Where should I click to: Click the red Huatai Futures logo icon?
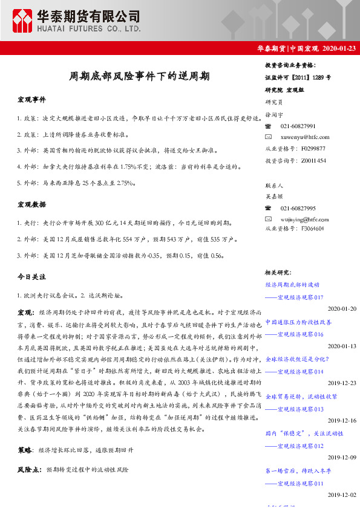22,21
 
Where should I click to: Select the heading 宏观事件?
31,99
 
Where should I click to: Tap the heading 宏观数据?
31,206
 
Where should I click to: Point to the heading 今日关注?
31,276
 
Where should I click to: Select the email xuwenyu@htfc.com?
305,137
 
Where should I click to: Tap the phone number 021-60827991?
298,126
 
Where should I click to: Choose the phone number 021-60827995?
298,207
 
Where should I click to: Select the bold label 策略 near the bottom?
25,450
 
